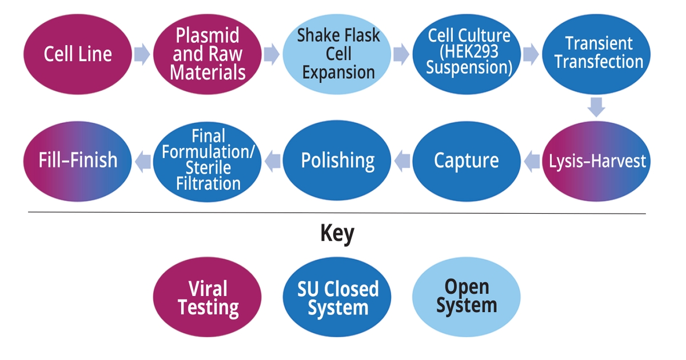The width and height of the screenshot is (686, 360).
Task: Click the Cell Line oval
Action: (78, 54)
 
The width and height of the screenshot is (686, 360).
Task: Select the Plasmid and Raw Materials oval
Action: (208, 54)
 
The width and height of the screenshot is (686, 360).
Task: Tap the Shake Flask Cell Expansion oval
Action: (338, 54)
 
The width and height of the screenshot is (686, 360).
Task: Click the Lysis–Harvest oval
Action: (597, 161)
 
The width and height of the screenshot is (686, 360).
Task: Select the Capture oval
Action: (466, 161)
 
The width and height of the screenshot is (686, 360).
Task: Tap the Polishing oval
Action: (338, 161)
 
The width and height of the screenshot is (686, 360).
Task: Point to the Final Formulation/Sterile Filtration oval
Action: (208, 161)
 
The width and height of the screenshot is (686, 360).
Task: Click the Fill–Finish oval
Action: (78, 161)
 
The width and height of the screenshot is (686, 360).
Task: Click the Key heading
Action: (337, 234)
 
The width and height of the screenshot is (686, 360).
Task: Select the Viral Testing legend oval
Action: (208, 298)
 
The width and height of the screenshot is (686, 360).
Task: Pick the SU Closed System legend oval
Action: (337, 298)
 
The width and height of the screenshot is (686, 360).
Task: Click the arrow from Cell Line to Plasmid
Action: (142, 55)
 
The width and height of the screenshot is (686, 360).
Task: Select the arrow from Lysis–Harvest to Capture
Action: (532, 161)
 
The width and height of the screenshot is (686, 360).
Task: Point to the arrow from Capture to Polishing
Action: (402, 161)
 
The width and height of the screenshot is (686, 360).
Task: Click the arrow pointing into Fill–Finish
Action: (143, 161)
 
